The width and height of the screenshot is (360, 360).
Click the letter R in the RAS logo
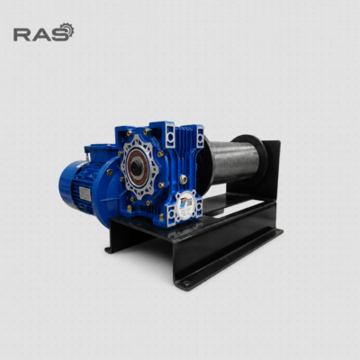click(22, 34)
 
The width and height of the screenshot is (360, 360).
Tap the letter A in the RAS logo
click(40, 34)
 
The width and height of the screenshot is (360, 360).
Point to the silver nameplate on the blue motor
click(85, 193)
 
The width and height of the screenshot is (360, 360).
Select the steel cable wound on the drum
click(232, 161)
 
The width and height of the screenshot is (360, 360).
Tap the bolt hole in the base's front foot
click(186, 283)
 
